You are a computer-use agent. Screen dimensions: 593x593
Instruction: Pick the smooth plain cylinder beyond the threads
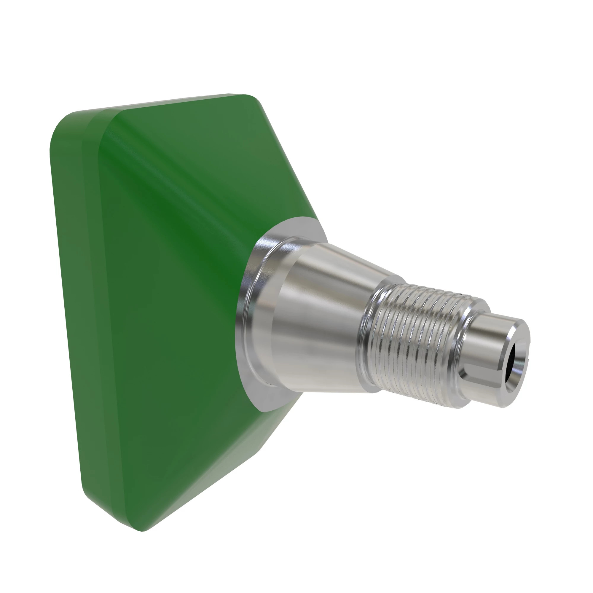[488, 341]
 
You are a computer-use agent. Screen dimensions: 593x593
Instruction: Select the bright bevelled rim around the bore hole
[519, 362]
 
